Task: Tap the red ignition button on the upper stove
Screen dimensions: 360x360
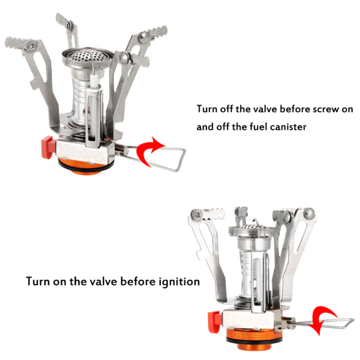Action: (48, 147)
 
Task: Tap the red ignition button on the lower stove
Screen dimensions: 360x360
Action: (214, 322)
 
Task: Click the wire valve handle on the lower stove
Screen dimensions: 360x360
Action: (322, 323)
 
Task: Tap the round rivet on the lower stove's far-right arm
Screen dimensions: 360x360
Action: (309, 213)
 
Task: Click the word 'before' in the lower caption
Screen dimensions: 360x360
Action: (138, 281)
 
